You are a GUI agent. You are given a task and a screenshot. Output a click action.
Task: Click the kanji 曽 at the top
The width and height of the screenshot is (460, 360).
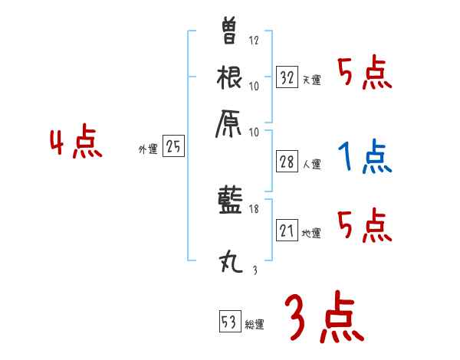point(230,31)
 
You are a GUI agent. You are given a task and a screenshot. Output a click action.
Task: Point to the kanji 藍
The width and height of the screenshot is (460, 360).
point(230,203)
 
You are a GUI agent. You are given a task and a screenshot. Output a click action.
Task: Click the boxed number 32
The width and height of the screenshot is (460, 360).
point(287,77)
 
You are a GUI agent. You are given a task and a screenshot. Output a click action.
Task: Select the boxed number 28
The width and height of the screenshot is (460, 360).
point(287,161)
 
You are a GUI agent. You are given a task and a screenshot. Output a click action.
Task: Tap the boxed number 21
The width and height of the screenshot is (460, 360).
point(287,231)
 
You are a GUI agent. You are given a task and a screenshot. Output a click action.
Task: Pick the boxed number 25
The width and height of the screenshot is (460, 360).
point(173,147)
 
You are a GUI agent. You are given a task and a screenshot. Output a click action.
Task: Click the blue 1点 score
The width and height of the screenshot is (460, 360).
point(363,159)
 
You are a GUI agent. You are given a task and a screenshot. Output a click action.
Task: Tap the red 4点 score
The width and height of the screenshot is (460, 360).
point(76,145)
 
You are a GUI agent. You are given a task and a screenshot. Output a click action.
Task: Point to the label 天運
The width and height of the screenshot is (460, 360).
point(311,80)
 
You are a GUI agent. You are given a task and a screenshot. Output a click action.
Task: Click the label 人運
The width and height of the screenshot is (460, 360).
point(311,164)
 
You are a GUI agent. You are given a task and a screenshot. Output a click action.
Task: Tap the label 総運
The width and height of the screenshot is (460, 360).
point(255,325)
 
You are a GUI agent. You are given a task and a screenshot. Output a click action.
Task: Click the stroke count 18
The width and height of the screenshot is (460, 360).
point(255,208)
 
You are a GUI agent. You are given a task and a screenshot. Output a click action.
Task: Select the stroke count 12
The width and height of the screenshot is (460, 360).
point(255,41)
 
